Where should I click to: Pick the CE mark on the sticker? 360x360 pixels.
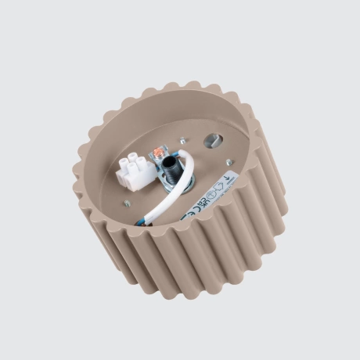(x=185, y=215)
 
